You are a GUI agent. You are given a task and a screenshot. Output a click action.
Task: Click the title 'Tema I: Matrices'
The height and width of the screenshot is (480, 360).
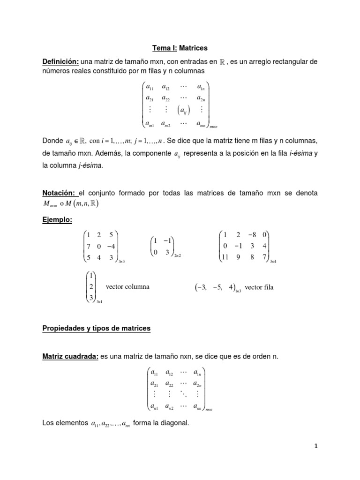[x=180, y=48]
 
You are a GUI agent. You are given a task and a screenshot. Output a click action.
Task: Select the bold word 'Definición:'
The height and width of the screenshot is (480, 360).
[x=60, y=61]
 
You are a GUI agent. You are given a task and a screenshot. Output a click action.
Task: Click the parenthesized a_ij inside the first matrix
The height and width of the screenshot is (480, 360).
[x=180, y=110]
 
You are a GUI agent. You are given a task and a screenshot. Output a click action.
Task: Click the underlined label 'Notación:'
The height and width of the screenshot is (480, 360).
[x=59, y=193]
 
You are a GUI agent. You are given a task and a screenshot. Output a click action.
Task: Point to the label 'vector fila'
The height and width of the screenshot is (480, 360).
[x=259, y=287]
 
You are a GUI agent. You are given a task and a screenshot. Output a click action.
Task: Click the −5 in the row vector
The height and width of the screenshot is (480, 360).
[x=217, y=287]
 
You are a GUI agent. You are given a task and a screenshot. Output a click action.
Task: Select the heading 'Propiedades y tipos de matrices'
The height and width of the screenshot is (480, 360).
[x=97, y=329]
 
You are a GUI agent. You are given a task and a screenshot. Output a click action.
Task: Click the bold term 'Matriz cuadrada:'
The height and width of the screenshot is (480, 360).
[x=70, y=357]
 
